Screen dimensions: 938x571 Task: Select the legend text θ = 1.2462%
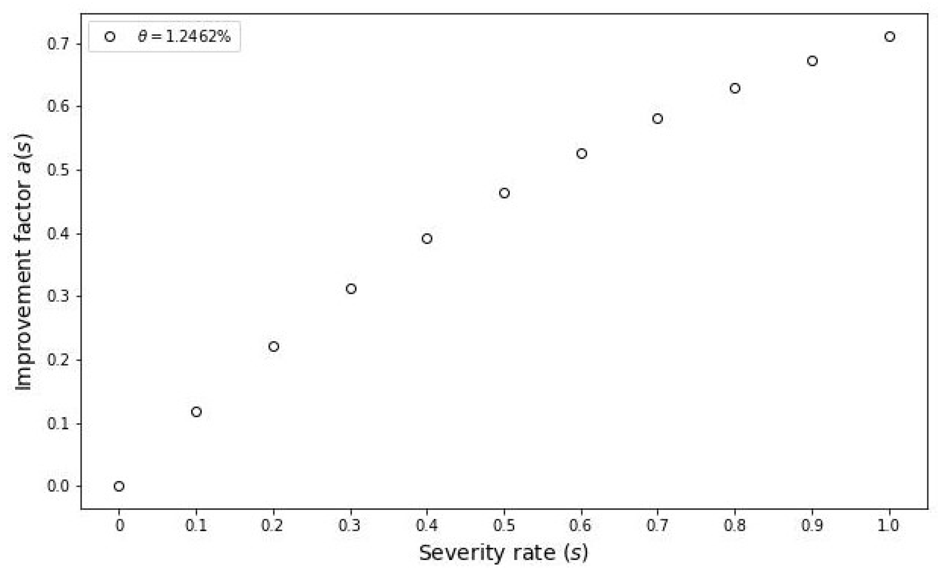click(x=184, y=37)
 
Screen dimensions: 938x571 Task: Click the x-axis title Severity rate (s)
click(x=504, y=553)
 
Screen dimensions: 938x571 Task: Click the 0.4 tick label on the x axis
click(x=427, y=526)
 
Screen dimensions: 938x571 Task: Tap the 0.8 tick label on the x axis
click(x=735, y=526)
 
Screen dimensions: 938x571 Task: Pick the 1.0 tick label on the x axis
click(x=889, y=526)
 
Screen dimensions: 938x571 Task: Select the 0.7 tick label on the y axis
click(x=58, y=44)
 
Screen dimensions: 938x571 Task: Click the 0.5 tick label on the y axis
click(x=58, y=170)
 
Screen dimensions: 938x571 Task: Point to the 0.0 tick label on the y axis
click(x=58, y=486)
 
